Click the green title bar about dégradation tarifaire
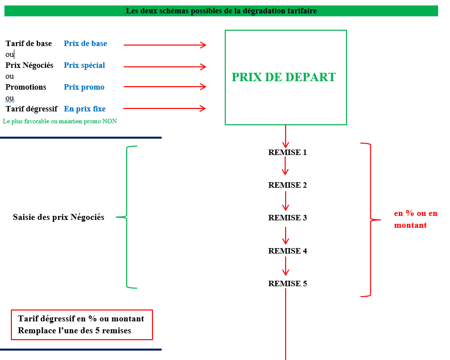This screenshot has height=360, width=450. (221, 10)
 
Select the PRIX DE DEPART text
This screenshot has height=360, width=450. (284, 77)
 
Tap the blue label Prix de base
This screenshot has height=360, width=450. (85, 44)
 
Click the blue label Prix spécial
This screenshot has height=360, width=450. (84, 65)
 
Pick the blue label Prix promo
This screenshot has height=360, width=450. (84, 87)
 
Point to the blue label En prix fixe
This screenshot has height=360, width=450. (85, 109)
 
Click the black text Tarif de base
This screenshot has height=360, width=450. (29, 44)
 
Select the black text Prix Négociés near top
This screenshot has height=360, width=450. (29, 65)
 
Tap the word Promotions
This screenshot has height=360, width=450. (26, 87)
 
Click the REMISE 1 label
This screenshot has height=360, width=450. (287, 153)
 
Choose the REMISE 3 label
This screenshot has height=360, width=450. (287, 218)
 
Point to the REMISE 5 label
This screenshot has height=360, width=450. (287, 284)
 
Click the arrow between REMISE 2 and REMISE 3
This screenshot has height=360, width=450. (286, 201)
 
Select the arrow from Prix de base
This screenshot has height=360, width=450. (164, 45)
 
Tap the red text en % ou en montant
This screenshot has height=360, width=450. (415, 219)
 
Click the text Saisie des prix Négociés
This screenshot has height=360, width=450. (58, 217)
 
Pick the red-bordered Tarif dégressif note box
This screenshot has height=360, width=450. (81, 325)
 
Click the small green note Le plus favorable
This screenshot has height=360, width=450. (60, 121)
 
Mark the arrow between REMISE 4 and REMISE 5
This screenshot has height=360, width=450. (286, 267)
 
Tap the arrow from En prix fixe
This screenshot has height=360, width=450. (164, 108)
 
